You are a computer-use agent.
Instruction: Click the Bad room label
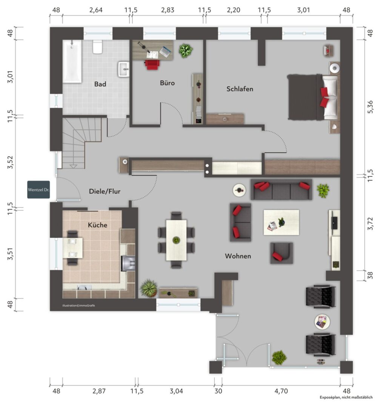(x=100, y=84)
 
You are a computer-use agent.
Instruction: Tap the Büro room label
(x=168, y=83)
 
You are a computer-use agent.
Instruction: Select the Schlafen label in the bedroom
(x=240, y=89)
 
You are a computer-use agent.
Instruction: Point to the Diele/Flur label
(x=105, y=191)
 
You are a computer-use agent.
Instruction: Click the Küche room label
(x=97, y=225)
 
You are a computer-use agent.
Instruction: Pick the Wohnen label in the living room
(x=238, y=256)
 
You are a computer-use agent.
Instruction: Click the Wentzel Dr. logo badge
(x=38, y=190)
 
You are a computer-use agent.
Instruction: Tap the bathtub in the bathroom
(x=72, y=61)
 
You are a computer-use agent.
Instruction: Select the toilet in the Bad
(x=98, y=47)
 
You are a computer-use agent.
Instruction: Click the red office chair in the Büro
(x=152, y=65)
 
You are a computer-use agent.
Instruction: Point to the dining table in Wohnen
(x=176, y=240)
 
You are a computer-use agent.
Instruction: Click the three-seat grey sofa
(x=281, y=190)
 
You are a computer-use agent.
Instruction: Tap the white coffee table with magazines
(x=281, y=222)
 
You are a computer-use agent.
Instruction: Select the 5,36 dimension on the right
(x=370, y=107)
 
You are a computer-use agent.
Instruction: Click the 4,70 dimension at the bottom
(x=281, y=391)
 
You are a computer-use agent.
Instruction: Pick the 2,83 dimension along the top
(x=168, y=10)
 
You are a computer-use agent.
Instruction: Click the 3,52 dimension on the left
(x=10, y=162)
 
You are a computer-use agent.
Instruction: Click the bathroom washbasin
(x=124, y=69)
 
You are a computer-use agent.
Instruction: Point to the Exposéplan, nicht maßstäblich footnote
(x=346, y=397)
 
